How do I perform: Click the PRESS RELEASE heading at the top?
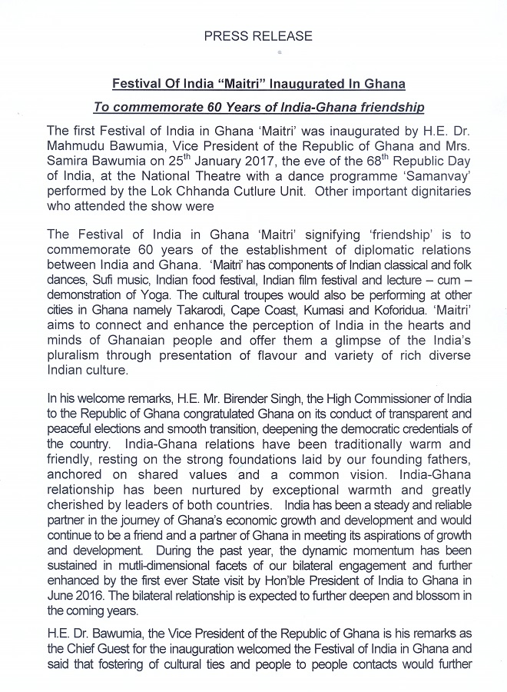[257, 36]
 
